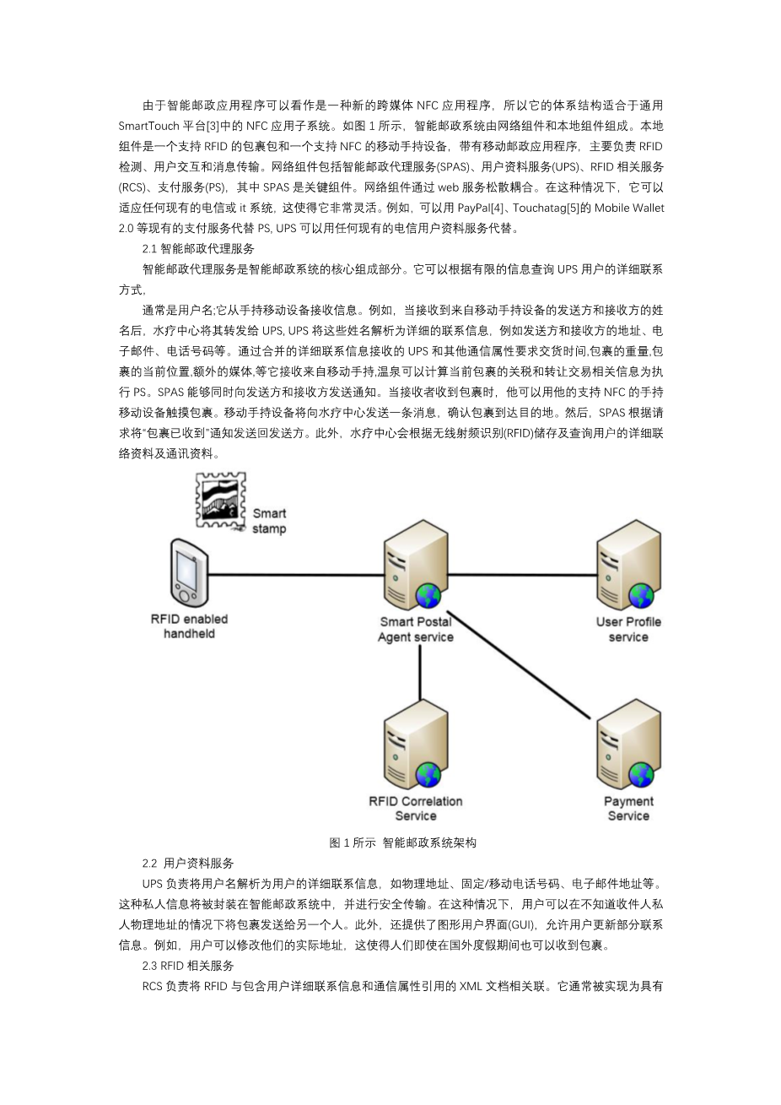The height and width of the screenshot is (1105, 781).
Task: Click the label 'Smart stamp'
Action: coord(269,521)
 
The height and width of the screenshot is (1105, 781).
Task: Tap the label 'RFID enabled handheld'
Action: coord(189,626)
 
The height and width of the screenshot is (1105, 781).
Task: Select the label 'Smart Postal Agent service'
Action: coord(415,629)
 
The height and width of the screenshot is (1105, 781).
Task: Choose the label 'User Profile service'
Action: coord(628,629)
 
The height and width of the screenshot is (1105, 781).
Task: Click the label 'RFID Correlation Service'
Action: coord(415,809)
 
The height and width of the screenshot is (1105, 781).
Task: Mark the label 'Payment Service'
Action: coord(628,809)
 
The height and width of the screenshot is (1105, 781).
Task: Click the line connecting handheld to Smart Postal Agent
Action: coord(295,575)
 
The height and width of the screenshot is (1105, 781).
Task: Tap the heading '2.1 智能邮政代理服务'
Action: coord(198,248)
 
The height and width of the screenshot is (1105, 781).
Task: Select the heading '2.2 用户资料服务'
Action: coord(188,863)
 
